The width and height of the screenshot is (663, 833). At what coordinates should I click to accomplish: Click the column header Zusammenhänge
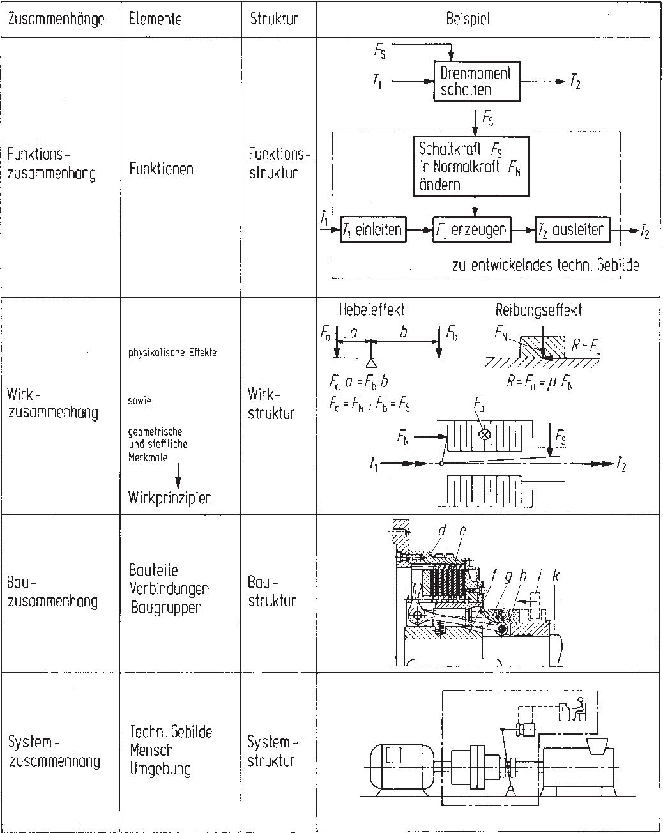click(x=56, y=19)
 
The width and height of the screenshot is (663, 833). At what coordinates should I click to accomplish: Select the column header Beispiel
click(x=468, y=19)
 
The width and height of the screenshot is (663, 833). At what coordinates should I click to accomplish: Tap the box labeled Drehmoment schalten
click(x=476, y=81)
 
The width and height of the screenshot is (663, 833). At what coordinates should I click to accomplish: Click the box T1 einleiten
click(x=372, y=229)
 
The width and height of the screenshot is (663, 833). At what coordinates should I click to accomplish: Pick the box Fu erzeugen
click(x=473, y=229)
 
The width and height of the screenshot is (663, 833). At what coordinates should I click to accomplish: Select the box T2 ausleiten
click(x=571, y=229)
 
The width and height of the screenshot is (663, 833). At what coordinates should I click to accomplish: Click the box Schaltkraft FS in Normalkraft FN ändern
click(x=471, y=166)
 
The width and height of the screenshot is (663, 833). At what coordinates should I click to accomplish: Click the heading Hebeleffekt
click(x=372, y=310)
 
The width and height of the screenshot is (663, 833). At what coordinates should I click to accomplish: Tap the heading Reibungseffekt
click(x=538, y=310)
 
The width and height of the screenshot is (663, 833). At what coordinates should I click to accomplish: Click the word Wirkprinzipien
click(x=170, y=498)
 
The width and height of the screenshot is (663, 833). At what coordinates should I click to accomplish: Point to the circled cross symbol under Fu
click(x=484, y=434)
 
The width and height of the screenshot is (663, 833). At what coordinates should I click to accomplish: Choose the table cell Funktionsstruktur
click(x=278, y=164)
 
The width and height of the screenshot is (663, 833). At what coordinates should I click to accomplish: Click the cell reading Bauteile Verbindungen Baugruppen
click(x=169, y=588)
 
